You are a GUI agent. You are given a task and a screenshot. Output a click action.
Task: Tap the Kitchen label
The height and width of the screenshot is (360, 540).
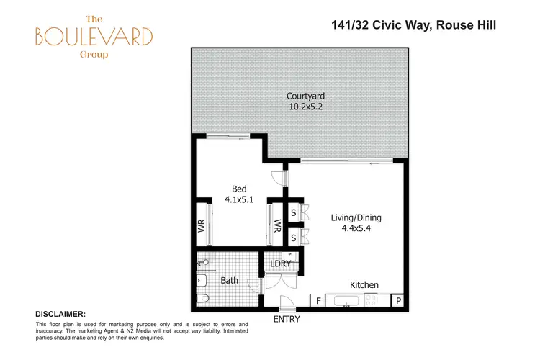coord(364,285)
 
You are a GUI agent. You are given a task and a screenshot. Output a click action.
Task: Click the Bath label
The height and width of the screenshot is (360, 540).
coord(230,280)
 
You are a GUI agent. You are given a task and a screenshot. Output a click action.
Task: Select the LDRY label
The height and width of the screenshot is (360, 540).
coord(280,264)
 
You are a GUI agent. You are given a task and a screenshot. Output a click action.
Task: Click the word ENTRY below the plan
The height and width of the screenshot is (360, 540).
coord(286,319)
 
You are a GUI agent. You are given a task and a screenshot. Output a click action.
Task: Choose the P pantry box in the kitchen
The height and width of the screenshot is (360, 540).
coord(397,300)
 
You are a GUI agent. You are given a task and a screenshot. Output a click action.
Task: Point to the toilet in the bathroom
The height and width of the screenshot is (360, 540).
coord(202,298)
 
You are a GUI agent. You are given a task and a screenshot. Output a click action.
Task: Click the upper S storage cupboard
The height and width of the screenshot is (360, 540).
coord(294,213)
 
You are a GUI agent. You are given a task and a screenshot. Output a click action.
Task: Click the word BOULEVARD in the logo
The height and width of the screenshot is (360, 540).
coord(96,36)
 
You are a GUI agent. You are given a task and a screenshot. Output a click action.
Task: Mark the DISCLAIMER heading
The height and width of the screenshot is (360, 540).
coord(60,315)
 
